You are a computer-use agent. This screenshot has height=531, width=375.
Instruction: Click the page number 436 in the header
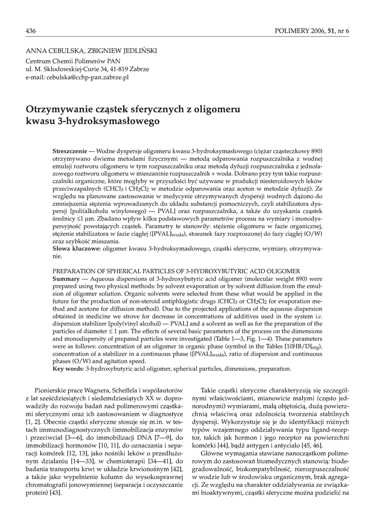(x=31, y=31)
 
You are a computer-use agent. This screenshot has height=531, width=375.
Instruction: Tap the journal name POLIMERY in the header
(x=292, y=31)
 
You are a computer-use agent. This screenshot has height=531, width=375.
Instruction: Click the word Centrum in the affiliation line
(x=38, y=61)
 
